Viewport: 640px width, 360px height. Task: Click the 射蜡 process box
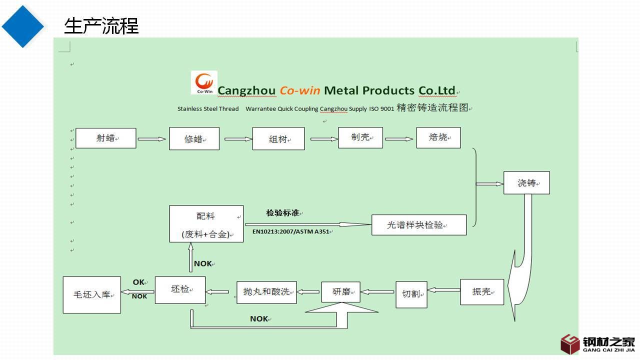[x=105, y=138]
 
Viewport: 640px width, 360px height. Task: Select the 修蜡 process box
[x=194, y=139]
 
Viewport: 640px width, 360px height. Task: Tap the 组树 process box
[x=278, y=139]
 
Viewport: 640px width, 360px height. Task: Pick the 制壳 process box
[x=360, y=137]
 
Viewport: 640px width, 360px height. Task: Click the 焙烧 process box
[x=438, y=137]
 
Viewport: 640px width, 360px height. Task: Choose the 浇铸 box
[x=526, y=183]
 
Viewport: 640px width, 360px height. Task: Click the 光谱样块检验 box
[x=418, y=225]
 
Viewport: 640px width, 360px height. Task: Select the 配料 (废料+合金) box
[x=206, y=224]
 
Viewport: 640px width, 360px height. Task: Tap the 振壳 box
[x=481, y=291]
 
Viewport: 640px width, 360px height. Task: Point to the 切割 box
[x=411, y=294]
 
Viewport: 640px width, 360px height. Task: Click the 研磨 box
[x=341, y=291]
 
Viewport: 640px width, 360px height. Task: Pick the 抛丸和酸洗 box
[x=266, y=291]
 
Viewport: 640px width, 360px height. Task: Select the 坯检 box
[x=180, y=289]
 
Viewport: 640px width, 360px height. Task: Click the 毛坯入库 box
[x=92, y=294]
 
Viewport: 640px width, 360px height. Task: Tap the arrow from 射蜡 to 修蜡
[x=151, y=139]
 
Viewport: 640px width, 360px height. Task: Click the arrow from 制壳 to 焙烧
[x=399, y=139]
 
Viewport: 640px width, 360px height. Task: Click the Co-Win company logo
[x=204, y=82]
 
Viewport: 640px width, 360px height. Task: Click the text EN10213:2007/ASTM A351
[x=291, y=231]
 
